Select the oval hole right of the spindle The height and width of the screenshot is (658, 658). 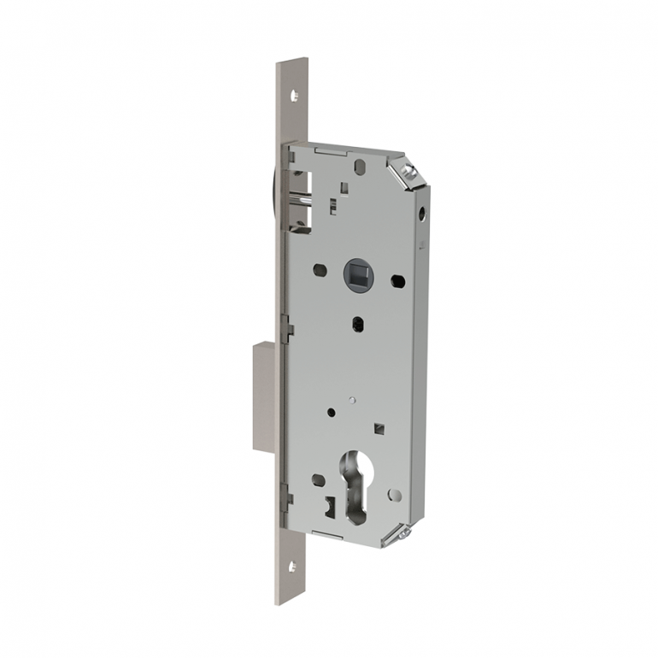tap(397, 280)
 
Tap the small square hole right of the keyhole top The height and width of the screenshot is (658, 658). tap(379, 426)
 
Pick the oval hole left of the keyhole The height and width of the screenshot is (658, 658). tap(318, 480)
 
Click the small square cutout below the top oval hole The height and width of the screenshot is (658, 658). tap(344, 187)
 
